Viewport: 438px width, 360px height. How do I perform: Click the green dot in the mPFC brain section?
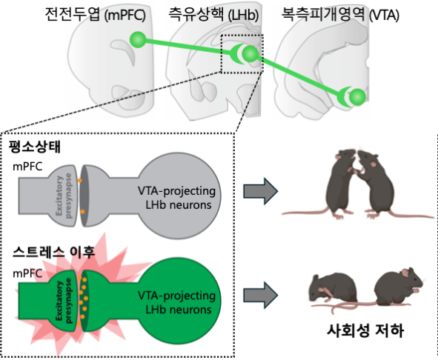tap(136, 39)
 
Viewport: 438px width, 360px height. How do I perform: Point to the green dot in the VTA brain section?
tap(357, 96)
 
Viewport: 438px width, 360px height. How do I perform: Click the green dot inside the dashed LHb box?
tap(250, 54)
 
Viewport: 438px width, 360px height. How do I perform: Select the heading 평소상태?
tap(36, 146)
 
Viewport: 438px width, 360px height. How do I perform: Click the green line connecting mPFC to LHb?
tap(185, 46)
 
